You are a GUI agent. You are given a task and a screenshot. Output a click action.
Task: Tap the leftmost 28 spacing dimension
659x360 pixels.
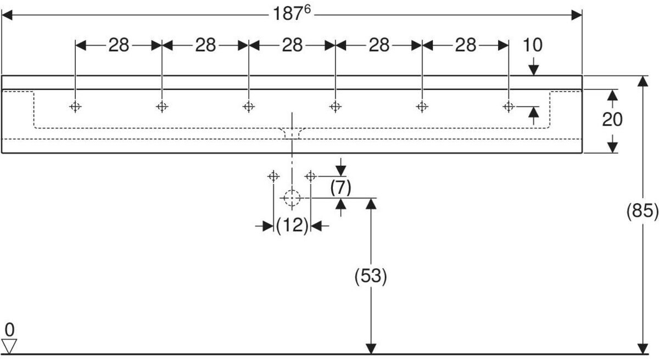(118, 46)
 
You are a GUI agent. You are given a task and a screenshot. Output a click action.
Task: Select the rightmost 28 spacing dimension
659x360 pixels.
(465, 46)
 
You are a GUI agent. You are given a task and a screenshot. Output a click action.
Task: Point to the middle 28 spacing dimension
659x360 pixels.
(292, 46)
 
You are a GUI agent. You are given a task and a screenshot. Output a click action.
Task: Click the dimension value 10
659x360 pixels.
(533, 46)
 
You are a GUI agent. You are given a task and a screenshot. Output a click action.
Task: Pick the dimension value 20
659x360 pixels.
(612, 119)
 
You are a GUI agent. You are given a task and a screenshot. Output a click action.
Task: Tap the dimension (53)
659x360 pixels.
(371, 276)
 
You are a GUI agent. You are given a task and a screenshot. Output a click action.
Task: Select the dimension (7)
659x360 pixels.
(340, 188)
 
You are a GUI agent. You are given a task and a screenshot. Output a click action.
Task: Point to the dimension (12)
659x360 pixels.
(292, 226)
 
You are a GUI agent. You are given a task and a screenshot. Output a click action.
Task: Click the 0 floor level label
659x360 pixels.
(9, 330)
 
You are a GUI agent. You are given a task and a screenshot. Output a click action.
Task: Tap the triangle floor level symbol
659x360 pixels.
(10, 345)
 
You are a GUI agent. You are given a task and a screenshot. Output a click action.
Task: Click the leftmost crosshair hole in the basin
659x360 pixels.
(75, 106)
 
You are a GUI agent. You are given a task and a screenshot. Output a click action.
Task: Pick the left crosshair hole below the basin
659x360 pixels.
(273, 176)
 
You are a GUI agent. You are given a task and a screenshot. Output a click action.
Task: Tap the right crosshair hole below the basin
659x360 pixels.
(310, 176)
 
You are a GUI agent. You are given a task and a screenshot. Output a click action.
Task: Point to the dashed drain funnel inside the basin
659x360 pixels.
(292, 133)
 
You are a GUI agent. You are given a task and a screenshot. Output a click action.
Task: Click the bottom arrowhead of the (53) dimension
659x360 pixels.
(371, 349)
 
